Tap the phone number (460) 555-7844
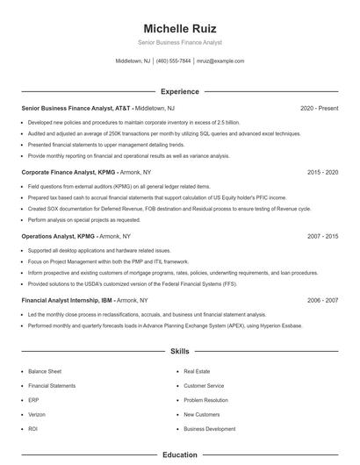coord(173,61)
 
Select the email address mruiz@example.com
coord(220,61)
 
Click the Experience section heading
coord(179,91)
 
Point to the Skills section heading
coord(179,351)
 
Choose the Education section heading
coord(179,454)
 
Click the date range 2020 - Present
coord(319,108)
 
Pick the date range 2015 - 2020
coord(322,173)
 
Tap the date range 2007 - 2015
coord(322,237)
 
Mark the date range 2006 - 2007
coord(322,300)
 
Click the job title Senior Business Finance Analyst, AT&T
coord(76,108)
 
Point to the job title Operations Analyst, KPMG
coord(56,237)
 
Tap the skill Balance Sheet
coord(45,372)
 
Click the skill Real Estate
coord(197,372)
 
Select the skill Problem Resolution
coord(206,400)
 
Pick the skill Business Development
coord(209,429)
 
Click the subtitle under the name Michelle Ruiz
coord(179,42)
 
